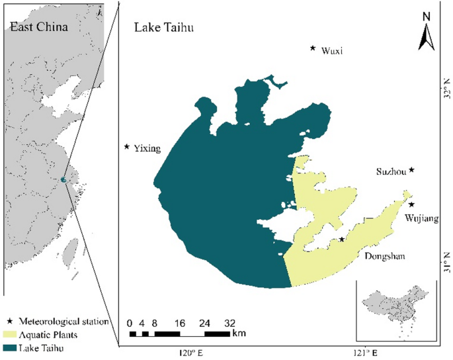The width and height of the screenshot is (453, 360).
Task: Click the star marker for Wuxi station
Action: coord(313,48)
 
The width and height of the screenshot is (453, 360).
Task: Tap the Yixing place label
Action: coord(147,149)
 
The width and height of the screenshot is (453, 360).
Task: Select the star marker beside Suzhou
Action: coord(411,170)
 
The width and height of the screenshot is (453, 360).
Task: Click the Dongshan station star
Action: coord(341,240)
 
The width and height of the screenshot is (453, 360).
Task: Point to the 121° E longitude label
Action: coord(363,352)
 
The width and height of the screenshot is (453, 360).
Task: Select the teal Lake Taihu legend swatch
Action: coord(11,347)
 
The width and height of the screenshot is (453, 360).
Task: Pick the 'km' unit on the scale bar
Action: coord(239,332)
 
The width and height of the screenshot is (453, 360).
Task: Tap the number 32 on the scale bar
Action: coord(229,323)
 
